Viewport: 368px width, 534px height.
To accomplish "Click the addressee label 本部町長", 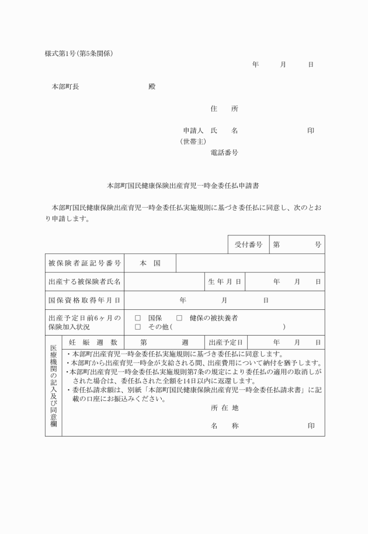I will tap(65, 86).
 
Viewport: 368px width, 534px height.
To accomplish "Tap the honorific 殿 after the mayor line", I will tap(152, 86).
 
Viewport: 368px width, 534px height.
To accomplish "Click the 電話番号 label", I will tap(224, 152).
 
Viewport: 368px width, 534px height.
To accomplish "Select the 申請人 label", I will tap(192, 131).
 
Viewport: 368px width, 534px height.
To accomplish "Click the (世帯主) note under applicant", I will tap(192, 141).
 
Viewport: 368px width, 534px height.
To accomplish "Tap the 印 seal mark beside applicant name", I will tap(311, 131).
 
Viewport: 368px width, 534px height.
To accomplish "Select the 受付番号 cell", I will tap(248, 245).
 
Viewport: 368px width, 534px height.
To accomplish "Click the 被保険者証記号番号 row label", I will tap(85, 263).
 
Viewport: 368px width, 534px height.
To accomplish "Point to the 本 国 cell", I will tap(150, 263).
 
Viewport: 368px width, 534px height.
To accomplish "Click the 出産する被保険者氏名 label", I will tap(85, 282).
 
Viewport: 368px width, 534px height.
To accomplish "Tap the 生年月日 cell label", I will tap(225, 282).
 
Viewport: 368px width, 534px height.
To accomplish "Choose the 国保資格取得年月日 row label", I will tap(85, 300).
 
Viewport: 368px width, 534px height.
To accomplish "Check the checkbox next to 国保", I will tap(138, 318).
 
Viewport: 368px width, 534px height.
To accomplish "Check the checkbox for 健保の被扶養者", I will tap(179, 318).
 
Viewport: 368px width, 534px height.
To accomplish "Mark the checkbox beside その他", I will tap(138, 327).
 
